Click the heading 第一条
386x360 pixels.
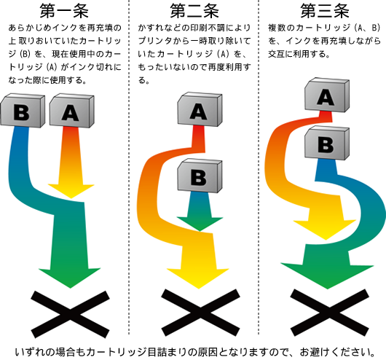coord(64,11)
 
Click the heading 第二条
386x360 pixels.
coord(194,11)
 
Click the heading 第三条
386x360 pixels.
coord(325,11)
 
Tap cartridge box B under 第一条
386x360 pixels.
coord(22,110)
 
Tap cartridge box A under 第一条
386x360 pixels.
coord(72,110)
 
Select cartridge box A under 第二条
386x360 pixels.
coord(200,109)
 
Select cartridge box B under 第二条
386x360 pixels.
coord(200,176)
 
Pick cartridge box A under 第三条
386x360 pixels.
coord(327,95)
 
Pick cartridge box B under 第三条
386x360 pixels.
coord(327,143)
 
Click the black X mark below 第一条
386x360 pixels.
coord(70,314)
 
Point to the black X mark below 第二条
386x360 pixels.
coord(200,313)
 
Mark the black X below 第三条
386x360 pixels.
coord(330,313)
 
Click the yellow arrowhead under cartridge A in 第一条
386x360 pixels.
coord(71,190)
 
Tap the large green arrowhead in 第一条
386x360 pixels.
coord(70,277)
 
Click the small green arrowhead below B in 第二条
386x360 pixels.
coord(200,224)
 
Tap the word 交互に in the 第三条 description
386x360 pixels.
coord(280,54)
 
